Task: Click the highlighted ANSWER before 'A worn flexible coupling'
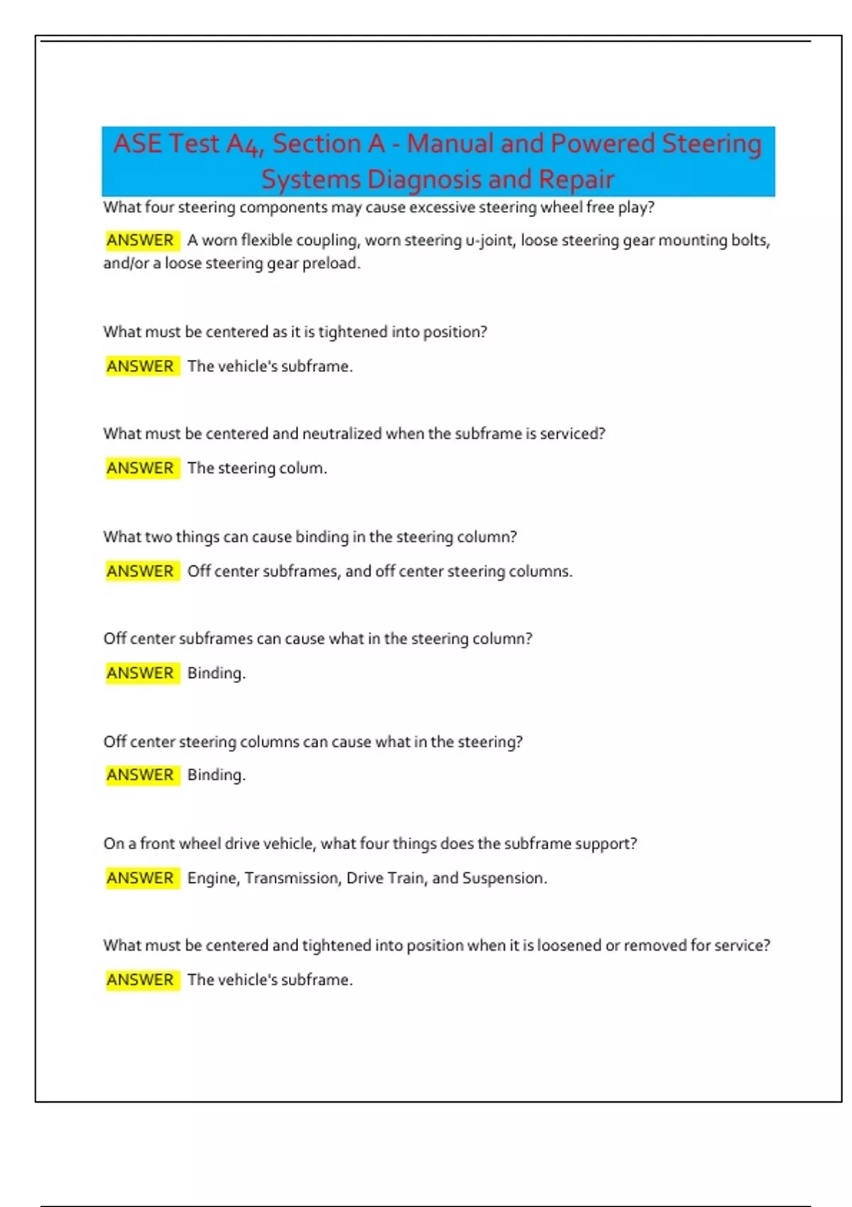pyautogui.click(x=141, y=240)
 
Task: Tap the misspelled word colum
pyautogui.click(x=304, y=469)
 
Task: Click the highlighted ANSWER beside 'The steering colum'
pyautogui.click(x=141, y=468)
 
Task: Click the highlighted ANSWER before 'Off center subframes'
pyautogui.click(x=141, y=571)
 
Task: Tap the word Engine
pyautogui.click(x=213, y=878)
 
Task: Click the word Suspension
pyautogui.click(x=503, y=878)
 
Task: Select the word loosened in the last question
pyautogui.click(x=569, y=946)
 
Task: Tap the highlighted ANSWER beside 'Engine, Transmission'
pyautogui.click(x=141, y=878)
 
